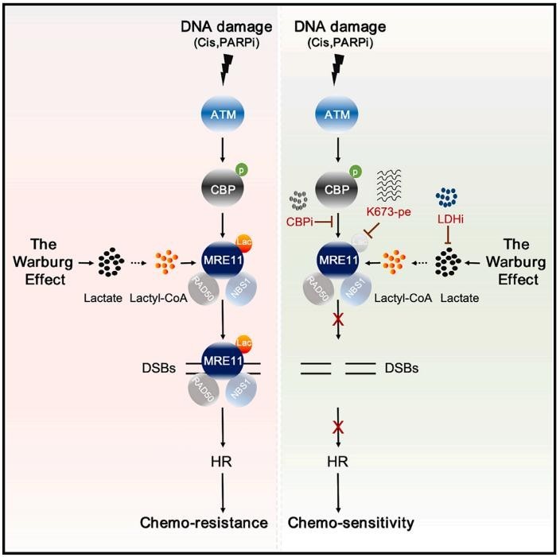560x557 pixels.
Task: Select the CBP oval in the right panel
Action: [338, 188]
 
